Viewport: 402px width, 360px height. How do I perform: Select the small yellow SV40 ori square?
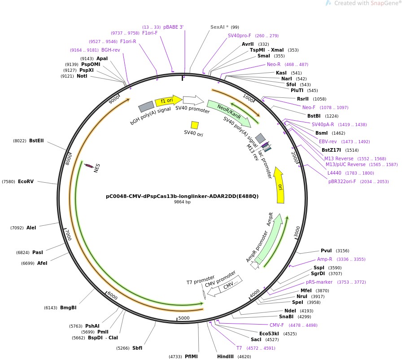pos(195,125)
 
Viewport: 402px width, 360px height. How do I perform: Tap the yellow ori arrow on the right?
pos(280,185)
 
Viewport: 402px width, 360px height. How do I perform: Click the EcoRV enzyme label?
pos(26,182)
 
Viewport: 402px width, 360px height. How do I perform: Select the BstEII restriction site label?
pos(36,141)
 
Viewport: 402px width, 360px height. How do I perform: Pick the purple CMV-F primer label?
pos(276,325)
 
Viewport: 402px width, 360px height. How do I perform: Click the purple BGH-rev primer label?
pos(110,50)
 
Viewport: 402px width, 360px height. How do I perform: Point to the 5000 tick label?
pos(184,318)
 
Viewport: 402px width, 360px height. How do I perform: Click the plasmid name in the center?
pos(182,196)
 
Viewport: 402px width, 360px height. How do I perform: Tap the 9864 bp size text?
pos(182,202)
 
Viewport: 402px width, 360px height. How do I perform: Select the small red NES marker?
pos(89,166)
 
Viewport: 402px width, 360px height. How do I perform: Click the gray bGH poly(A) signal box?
pos(146,106)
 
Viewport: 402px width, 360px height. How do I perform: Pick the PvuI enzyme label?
pos(326,250)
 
